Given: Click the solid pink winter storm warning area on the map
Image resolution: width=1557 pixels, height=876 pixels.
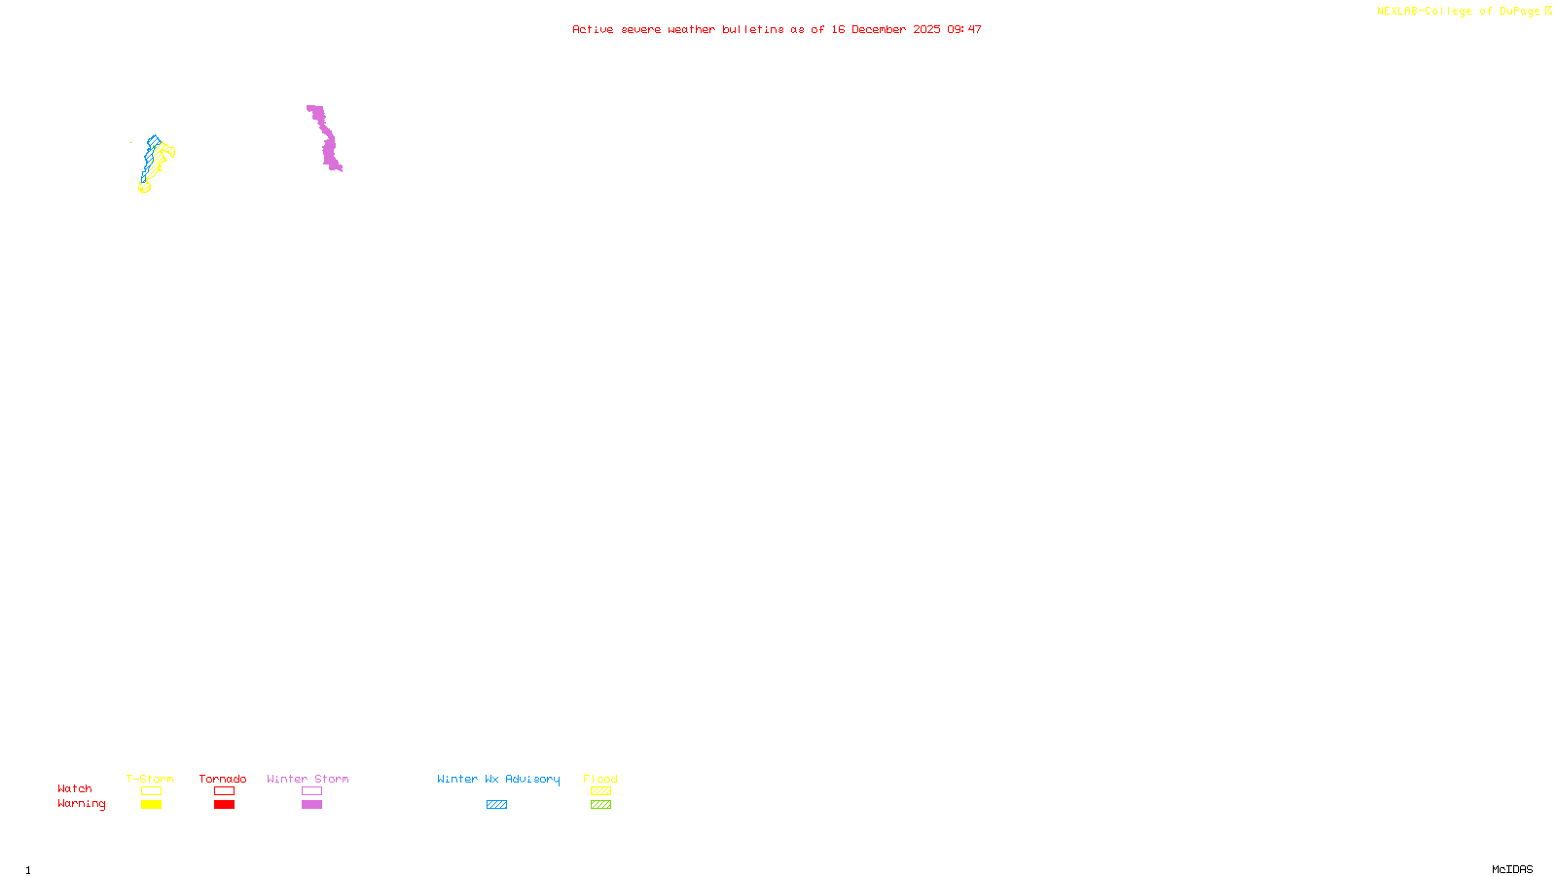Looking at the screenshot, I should click(329, 146).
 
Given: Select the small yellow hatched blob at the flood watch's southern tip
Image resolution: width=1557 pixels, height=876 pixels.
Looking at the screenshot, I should click(145, 187).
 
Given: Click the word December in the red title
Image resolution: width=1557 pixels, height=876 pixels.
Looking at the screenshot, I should click(879, 29).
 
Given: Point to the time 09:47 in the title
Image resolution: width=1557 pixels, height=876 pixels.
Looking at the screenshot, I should click(964, 29).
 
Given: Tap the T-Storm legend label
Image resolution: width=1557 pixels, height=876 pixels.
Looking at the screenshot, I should click(150, 779).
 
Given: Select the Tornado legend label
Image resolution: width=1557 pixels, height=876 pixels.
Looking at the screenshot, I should click(223, 779).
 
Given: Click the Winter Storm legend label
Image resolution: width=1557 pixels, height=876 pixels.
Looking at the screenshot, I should click(308, 779).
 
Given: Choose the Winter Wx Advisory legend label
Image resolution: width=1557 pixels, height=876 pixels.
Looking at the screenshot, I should click(498, 779).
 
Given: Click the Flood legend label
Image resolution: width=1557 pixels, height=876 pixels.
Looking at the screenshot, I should click(600, 779).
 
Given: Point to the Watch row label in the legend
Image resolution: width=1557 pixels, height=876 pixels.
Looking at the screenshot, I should click(75, 788).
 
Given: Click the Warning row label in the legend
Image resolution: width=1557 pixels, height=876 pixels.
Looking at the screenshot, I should click(82, 804).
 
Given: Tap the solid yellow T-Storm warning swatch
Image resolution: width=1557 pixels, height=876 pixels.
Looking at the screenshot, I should click(151, 805).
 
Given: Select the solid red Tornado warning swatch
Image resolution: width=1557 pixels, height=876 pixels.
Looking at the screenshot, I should click(224, 805).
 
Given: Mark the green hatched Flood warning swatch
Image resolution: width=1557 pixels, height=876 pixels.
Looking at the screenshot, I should click(600, 805).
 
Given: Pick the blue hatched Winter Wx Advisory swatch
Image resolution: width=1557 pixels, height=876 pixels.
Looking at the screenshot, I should click(496, 805).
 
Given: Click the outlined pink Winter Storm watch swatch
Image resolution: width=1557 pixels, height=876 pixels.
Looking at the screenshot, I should click(311, 791).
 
